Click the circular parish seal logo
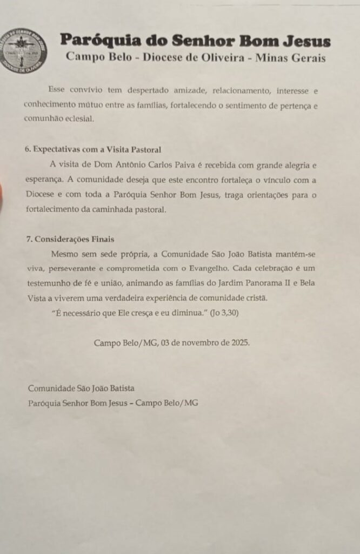[x=24, y=51]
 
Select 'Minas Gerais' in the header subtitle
[x=295, y=58]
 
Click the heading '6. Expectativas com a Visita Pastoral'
[x=93, y=149]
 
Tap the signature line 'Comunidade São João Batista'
[x=81, y=388]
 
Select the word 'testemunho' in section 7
[x=49, y=283]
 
